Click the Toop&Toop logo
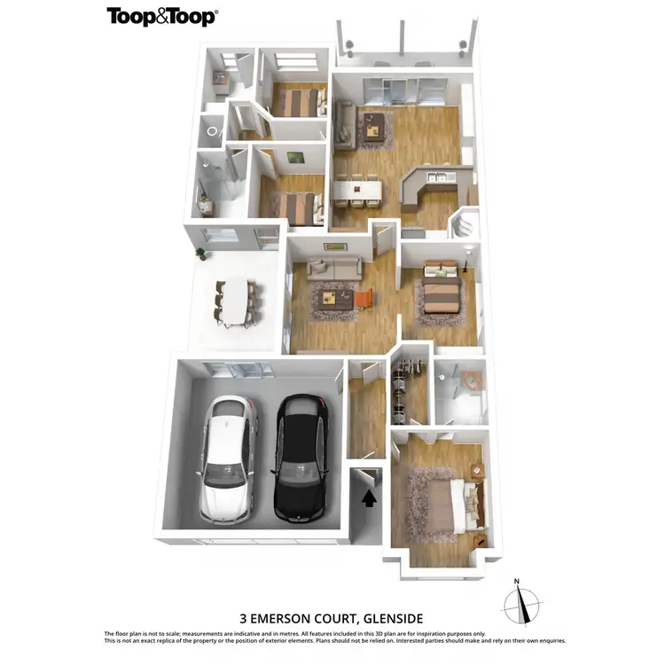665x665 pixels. click(x=162, y=16)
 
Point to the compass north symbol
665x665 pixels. click(x=520, y=606)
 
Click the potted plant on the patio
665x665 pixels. click(x=201, y=253)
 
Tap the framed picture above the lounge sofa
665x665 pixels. click(x=335, y=246)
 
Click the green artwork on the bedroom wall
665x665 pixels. click(x=295, y=159)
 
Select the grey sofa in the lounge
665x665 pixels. click(x=334, y=266)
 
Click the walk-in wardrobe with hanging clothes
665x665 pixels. click(x=410, y=390)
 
